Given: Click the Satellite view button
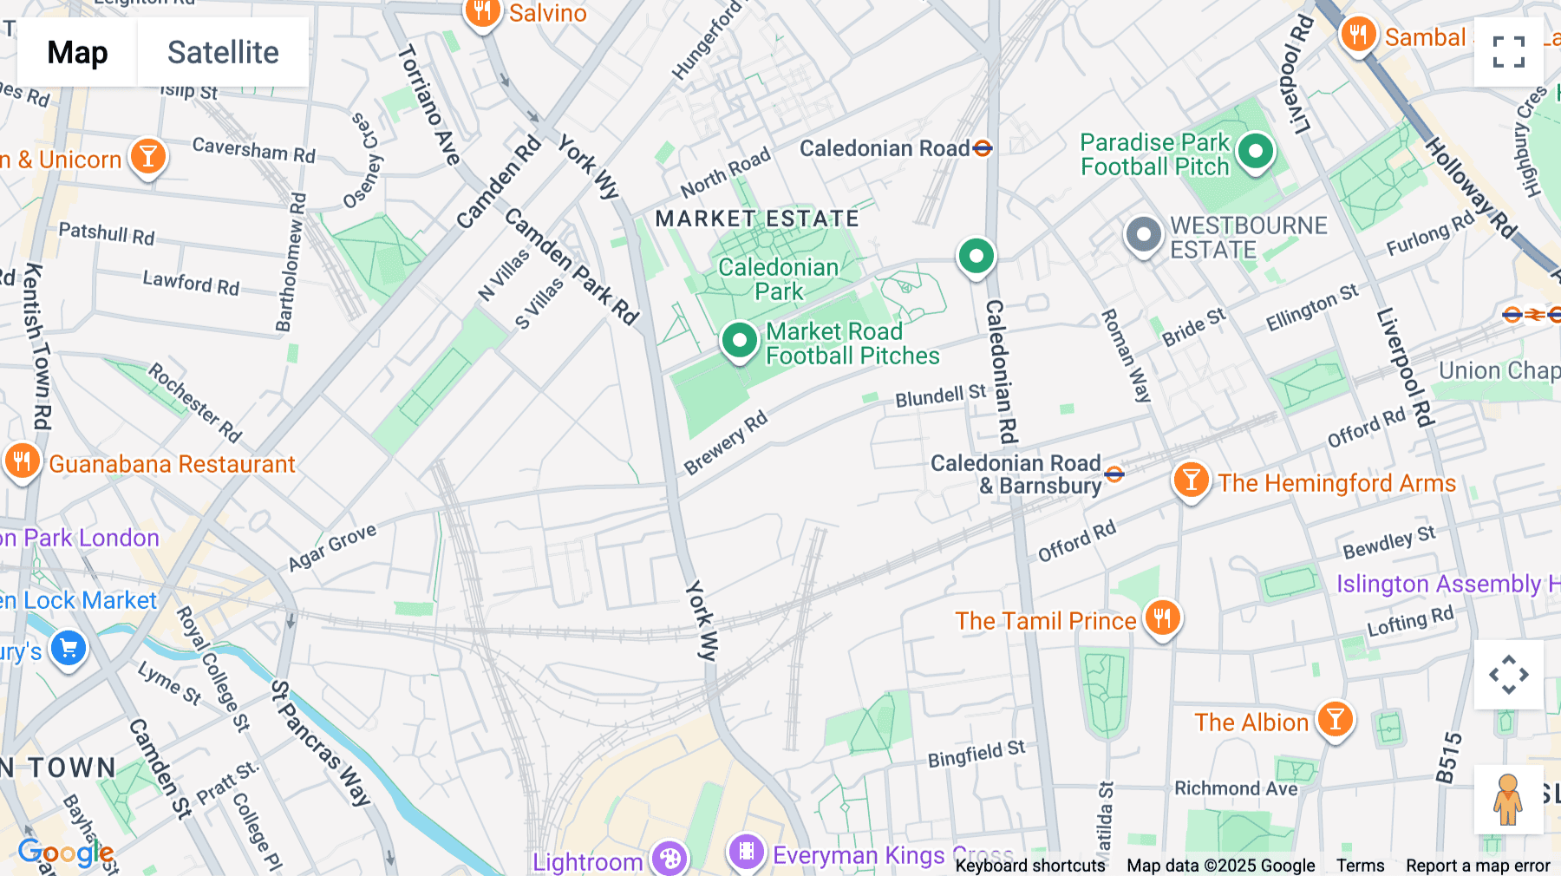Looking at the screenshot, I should [223, 53].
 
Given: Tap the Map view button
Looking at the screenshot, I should [77, 53].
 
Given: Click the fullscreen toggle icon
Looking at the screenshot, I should [1508, 52].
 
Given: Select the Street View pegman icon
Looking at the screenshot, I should [1508, 799].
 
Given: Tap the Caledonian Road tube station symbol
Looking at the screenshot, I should [983, 148].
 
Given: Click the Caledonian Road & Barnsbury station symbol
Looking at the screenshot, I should [1114, 474].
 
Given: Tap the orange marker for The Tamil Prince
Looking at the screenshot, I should [1162, 618].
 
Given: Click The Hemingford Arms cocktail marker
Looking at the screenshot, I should [1191, 480].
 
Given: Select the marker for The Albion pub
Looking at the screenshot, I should [1335, 720].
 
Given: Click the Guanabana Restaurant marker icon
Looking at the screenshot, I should [23, 461].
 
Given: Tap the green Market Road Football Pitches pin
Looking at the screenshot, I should [740, 341].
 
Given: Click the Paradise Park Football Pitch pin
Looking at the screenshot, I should [1255, 152].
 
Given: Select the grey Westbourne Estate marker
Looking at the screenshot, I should [1143, 234].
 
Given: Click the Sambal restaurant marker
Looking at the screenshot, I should [1358, 36].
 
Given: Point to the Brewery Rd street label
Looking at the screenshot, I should [726, 442].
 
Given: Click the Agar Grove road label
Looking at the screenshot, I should [332, 547].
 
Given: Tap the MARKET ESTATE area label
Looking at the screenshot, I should [756, 219].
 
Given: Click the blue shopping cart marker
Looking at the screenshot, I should [69, 648].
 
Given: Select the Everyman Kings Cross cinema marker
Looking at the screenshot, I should [746, 852].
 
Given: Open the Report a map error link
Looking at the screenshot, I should [1478, 866].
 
